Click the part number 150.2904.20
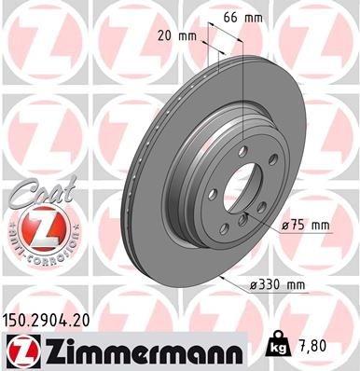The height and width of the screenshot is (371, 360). [54, 319]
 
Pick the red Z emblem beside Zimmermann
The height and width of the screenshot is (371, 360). [21, 348]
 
